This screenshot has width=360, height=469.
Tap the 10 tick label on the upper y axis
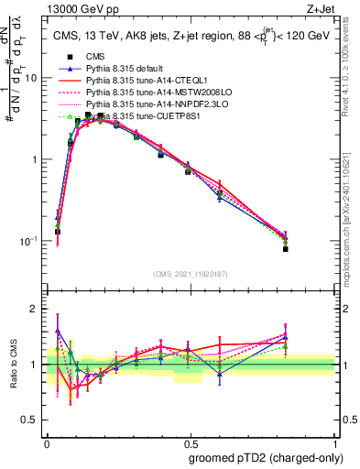tap(31, 79)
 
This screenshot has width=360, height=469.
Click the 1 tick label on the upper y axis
tap(35, 159)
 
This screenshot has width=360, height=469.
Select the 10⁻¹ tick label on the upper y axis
tap(29, 240)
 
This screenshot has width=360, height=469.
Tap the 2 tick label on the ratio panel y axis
tap(35, 309)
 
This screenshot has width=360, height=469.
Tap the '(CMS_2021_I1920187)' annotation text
tap(190, 272)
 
